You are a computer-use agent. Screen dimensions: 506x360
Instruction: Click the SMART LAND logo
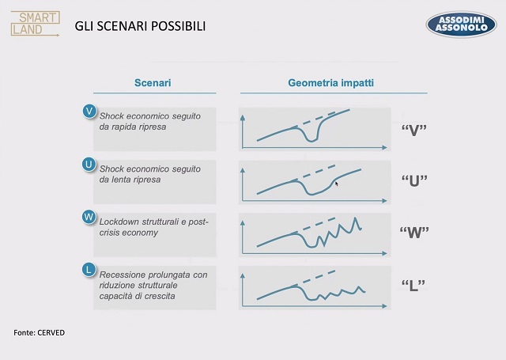click(35, 24)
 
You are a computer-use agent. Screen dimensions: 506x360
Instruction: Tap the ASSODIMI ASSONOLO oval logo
click(461, 25)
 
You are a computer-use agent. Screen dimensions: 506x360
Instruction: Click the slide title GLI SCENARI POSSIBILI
click(140, 26)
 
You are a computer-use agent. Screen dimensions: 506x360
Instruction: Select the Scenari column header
click(153, 83)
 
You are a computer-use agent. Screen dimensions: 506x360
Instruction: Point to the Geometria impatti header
click(330, 83)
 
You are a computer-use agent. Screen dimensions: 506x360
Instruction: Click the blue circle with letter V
click(89, 112)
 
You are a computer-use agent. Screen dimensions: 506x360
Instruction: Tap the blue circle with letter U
click(89, 165)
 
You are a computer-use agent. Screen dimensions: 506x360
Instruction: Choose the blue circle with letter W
click(89, 217)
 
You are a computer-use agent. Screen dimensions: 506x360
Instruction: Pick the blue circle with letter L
click(89, 270)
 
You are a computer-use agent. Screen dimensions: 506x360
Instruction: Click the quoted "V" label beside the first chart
click(414, 130)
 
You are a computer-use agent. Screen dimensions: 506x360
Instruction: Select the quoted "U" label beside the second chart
click(414, 181)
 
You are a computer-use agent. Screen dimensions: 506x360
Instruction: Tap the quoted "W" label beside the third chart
click(414, 232)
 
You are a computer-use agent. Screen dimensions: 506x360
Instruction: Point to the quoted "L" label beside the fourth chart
click(413, 285)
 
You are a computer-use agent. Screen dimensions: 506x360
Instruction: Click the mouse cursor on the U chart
click(337, 184)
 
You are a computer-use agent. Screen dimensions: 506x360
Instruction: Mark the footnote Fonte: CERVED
click(39, 332)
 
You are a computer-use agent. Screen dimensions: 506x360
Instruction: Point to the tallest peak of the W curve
click(356, 218)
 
